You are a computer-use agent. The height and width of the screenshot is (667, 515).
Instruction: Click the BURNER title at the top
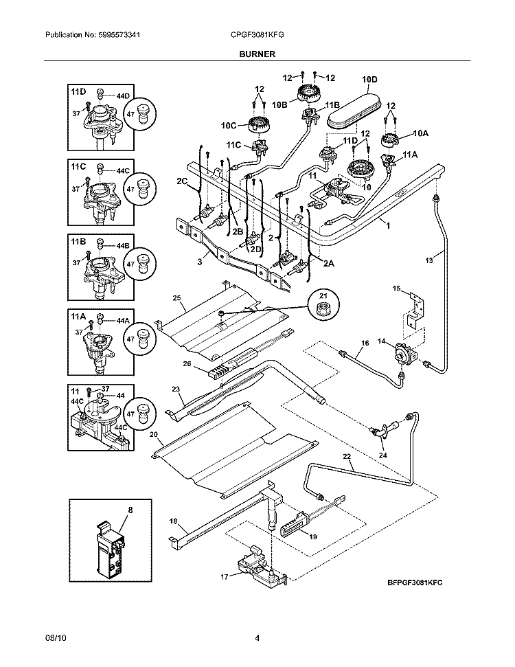coord(257,54)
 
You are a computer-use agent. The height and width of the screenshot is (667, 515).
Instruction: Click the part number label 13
coord(430,260)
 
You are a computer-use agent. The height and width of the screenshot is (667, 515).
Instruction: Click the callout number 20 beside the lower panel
coord(154,434)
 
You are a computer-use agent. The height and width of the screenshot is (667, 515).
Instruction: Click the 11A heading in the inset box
coord(78,318)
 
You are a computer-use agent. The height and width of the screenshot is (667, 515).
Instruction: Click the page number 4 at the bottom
coord(257,639)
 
